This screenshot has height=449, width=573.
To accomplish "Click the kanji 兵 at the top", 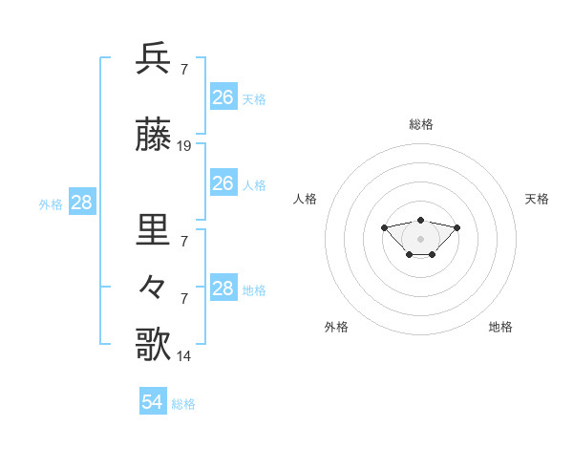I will (x=154, y=59).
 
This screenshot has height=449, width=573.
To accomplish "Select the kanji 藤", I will (x=154, y=137).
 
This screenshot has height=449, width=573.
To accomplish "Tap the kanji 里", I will (x=154, y=230).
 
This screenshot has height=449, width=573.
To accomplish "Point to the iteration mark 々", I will (x=154, y=286).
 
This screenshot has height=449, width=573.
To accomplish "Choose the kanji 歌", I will (x=154, y=344).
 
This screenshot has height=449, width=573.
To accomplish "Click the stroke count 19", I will (x=184, y=146).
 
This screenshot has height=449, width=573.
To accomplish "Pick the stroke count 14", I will (x=184, y=356).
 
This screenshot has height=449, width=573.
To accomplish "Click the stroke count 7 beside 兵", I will (x=183, y=70).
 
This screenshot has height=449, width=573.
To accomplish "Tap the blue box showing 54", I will (x=153, y=402).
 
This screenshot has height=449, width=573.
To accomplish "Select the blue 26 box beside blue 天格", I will (x=223, y=97).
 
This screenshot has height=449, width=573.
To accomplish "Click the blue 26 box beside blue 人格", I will (x=223, y=183).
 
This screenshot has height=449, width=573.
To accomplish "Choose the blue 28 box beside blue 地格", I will (x=223, y=289).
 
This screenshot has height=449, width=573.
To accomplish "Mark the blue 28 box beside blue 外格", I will (x=81, y=203).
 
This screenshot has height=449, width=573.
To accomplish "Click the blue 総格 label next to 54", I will (x=183, y=404).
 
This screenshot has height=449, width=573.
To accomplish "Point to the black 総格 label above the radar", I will (x=421, y=124).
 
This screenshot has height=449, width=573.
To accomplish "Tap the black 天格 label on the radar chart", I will (x=537, y=199).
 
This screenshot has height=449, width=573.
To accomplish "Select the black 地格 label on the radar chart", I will (x=500, y=327).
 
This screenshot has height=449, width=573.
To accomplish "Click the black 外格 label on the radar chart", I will (x=336, y=327).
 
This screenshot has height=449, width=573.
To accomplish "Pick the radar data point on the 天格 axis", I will (x=456, y=227).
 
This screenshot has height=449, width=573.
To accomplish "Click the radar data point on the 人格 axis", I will (x=384, y=227).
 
